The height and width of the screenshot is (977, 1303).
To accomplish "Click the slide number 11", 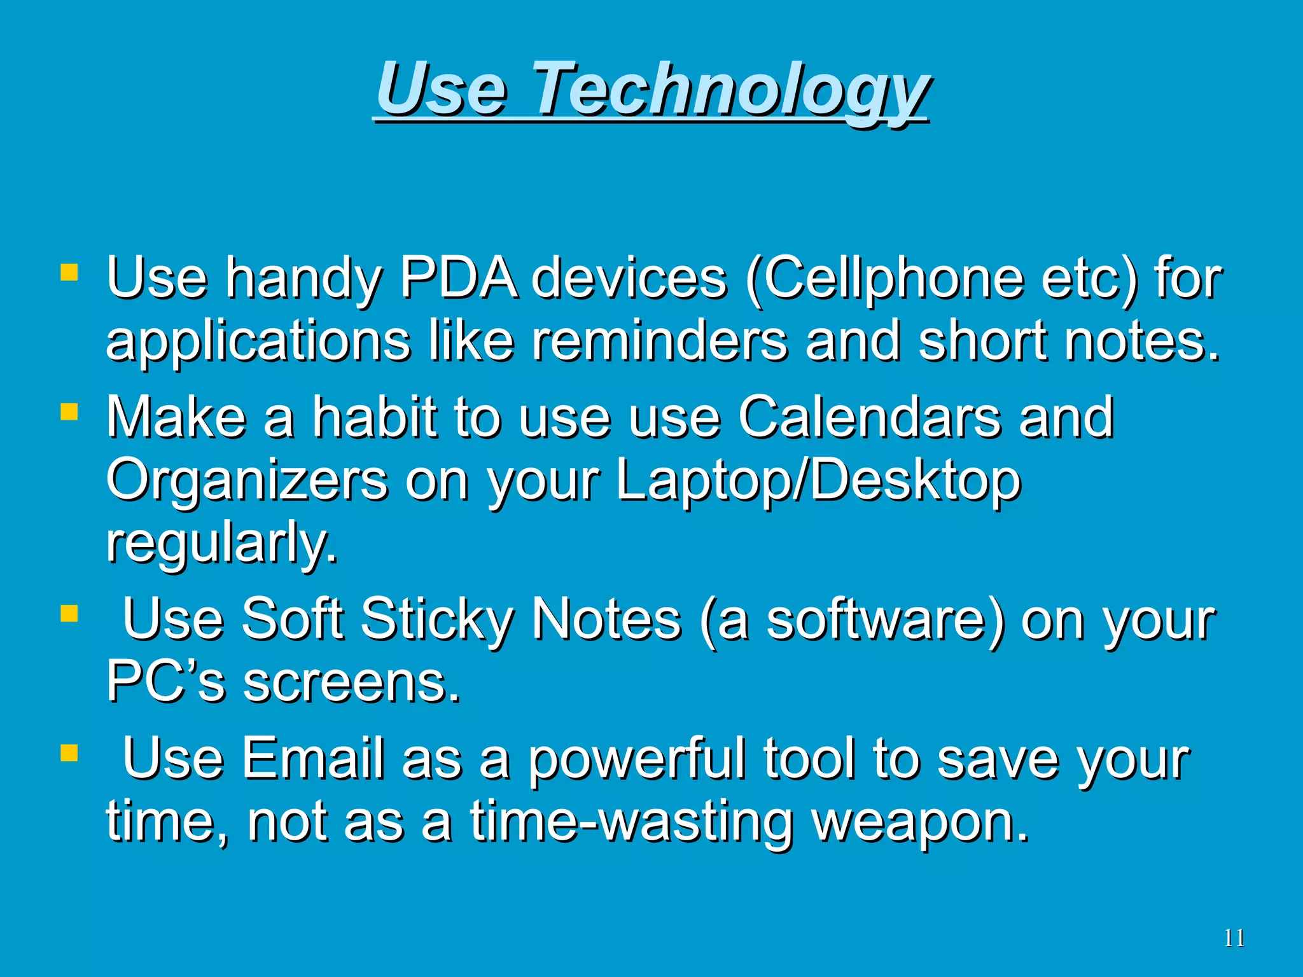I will (x=1234, y=938).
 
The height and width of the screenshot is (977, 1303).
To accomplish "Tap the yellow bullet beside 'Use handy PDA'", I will (x=69, y=274).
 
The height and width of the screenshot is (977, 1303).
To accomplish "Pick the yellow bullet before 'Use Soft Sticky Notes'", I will (x=69, y=614).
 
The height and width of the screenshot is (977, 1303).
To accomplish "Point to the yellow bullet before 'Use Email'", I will (x=69, y=754).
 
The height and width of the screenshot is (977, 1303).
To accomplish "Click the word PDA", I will (x=458, y=278).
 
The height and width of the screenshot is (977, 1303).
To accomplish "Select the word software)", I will (x=885, y=620).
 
